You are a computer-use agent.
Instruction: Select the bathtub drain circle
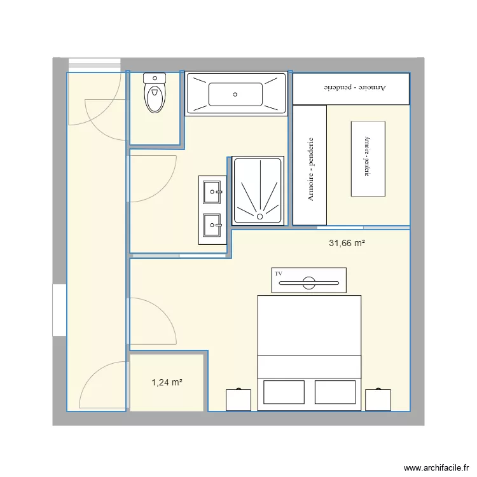point(235,94)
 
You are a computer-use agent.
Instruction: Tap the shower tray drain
point(259,216)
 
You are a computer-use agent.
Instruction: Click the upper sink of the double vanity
point(212,190)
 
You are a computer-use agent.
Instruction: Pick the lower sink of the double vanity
point(212,224)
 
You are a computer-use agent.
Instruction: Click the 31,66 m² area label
point(347,243)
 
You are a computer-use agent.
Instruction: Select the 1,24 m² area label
point(167,382)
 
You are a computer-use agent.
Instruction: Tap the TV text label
point(279,273)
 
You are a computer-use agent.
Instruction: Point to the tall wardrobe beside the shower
point(310,165)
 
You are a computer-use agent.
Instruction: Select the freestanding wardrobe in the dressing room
point(368,158)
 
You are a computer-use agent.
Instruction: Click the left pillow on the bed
point(284,392)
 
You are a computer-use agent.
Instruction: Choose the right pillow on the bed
point(335,392)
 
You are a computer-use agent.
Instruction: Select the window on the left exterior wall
point(59,310)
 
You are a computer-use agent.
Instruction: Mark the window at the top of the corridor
point(94,63)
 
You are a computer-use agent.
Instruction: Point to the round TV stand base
point(310,282)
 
